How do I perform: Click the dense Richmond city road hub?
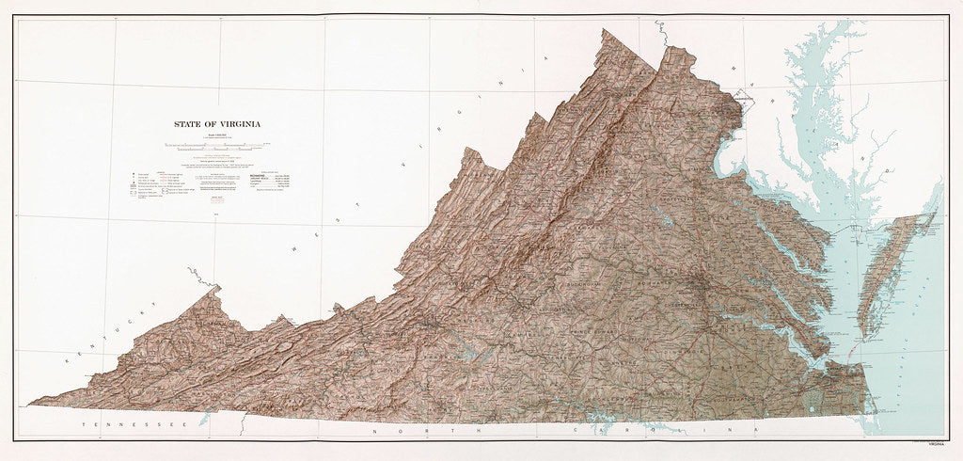click(701, 288)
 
